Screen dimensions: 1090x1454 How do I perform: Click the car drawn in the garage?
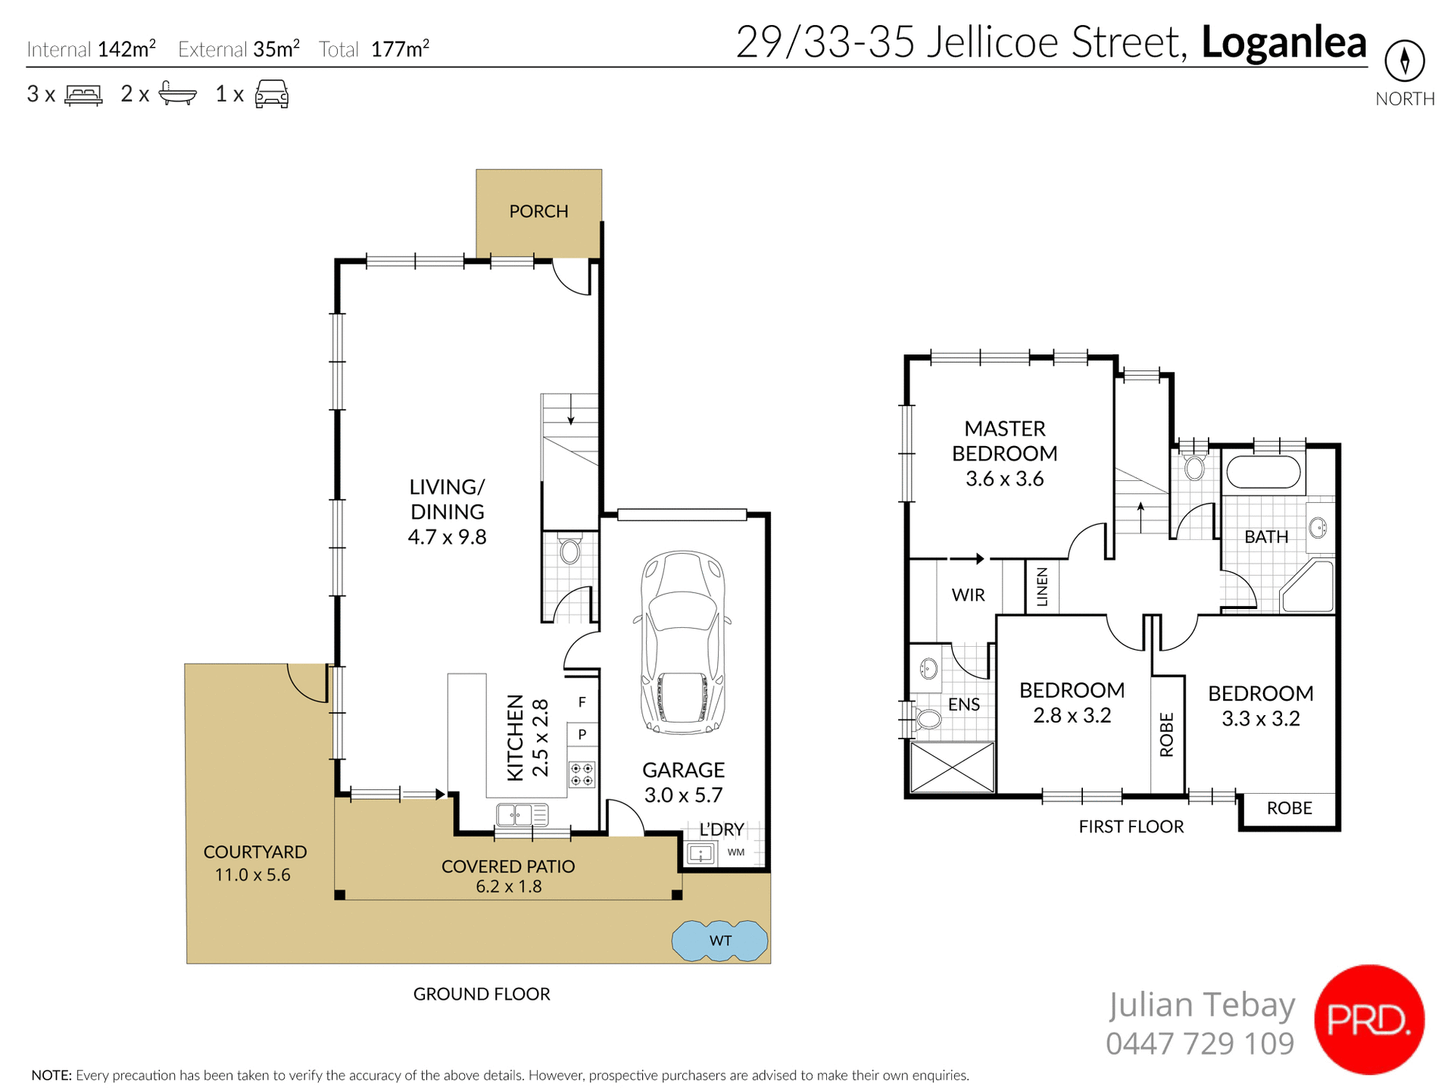point(682,642)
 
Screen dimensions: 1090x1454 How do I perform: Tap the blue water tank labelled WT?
point(719,941)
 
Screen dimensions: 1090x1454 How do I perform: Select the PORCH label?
point(538,211)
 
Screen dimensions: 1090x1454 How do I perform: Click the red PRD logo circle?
point(1368,1020)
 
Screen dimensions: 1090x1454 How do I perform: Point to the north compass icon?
point(1404,61)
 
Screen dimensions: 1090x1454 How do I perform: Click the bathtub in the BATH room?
point(1263,471)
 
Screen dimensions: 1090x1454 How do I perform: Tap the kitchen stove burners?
point(582,774)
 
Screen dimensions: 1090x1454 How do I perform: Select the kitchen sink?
point(522,815)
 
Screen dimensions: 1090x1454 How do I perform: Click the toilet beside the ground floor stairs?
point(569,551)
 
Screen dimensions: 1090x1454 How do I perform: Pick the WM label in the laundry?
point(735,852)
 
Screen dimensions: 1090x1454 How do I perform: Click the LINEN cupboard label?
point(1042,586)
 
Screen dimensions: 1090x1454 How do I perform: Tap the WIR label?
point(968,595)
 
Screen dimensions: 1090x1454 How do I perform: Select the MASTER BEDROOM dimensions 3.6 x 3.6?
point(1004,479)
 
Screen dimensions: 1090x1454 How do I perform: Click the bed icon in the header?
point(83,95)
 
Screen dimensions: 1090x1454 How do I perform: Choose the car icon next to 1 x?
point(271,94)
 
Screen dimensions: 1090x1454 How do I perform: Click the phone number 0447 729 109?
point(1200,1044)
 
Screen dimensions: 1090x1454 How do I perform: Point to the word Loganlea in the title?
point(1284,42)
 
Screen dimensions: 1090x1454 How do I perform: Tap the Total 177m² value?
point(400,49)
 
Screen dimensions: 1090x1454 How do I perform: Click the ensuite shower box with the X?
point(952,767)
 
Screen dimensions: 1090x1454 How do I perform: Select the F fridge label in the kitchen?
point(582,702)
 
